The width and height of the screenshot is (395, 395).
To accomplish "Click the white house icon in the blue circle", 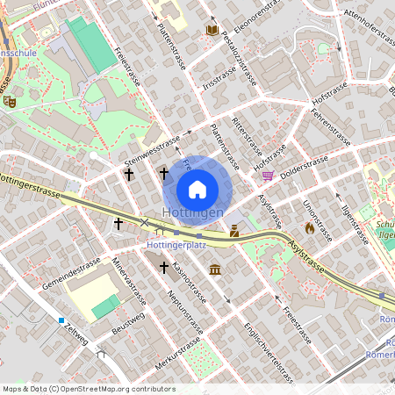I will click(197, 189).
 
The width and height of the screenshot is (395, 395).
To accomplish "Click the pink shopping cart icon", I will click(268, 175).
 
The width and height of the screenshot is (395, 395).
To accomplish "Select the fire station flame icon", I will click(309, 227).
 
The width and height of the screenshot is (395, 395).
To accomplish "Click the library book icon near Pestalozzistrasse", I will click(211, 30).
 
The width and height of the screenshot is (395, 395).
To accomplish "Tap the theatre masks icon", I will click(10, 101).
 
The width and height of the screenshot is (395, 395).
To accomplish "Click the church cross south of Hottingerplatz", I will click(164, 265).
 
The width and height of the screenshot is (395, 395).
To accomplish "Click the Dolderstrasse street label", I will click(304, 164).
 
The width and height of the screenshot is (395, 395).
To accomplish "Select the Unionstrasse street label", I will click(317, 219).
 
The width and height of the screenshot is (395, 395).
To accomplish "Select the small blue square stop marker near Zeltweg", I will click(62, 320).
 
